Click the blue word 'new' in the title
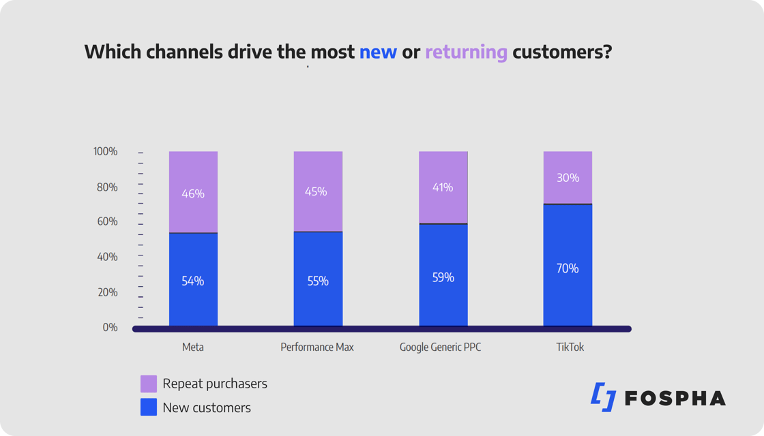(378, 52)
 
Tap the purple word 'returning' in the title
(466, 52)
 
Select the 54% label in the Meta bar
(193, 281)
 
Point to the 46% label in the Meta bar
(193, 193)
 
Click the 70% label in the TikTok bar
(568, 268)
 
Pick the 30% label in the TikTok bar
(568, 178)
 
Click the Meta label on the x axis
(193, 347)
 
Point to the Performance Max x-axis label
(317, 347)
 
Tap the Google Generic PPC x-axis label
(440, 347)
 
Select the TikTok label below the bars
(570, 347)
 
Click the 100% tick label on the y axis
(106, 151)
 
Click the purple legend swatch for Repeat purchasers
(149, 384)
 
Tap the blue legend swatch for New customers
(149, 407)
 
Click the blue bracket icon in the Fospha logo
(604, 397)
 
